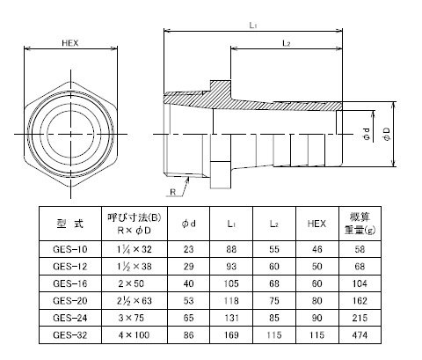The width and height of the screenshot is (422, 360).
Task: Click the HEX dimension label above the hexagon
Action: click(x=70, y=43)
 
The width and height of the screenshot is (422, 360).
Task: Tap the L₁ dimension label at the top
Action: click(x=253, y=26)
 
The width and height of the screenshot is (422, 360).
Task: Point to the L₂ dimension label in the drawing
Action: click(x=287, y=44)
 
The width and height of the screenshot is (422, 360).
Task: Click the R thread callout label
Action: click(x=173, y=192)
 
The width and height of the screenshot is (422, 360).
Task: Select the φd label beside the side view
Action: click(x=366, y=134)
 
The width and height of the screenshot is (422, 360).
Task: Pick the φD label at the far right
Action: click(x=387, y=134)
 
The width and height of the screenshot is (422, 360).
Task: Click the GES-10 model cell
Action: click(x=70, y=249)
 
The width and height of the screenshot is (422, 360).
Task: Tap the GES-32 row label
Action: click(x=70, y=335)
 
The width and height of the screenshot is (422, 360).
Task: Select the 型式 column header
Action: click(x=70, y=224)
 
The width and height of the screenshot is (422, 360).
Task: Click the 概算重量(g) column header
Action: click(x=360, y=224)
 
